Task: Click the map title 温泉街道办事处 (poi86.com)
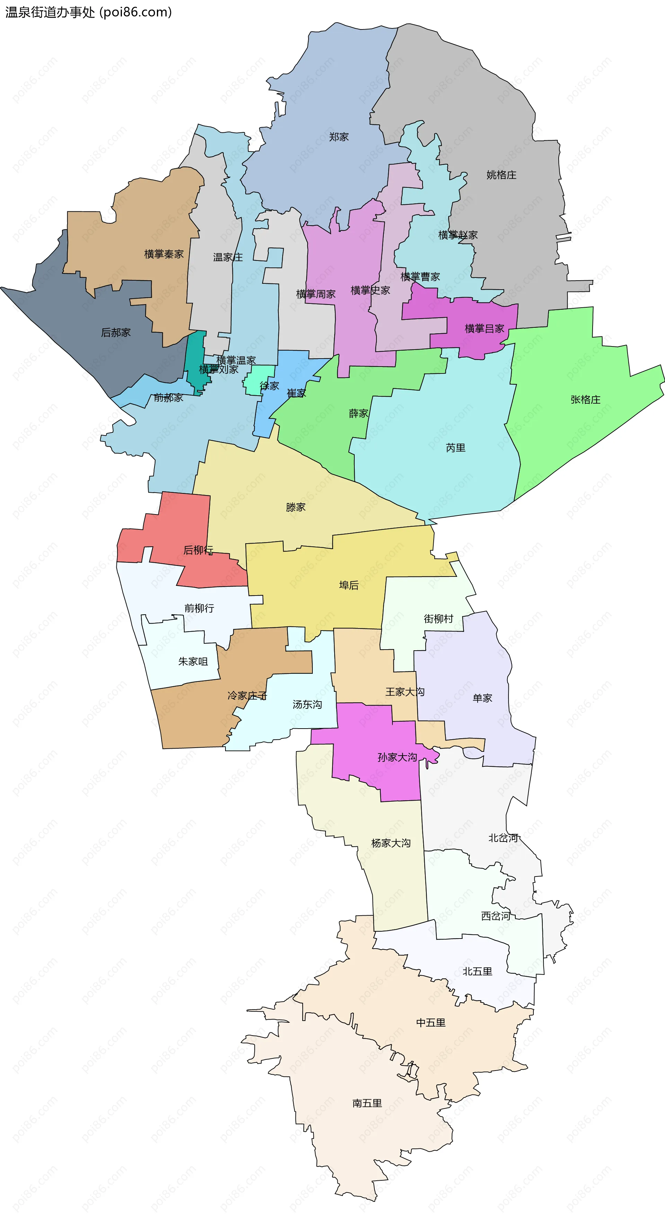(88, 12)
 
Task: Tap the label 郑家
(339, 137)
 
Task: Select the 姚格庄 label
(501, 175)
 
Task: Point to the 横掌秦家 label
(164, 255)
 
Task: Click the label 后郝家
(116, 333)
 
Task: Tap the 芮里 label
(455, 448)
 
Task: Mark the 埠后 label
(349, 586)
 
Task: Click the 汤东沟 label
(307, 705)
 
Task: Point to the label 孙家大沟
(397, 757)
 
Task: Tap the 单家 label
(482, 698)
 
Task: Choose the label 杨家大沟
(390, 843)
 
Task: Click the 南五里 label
(367, 1103)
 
